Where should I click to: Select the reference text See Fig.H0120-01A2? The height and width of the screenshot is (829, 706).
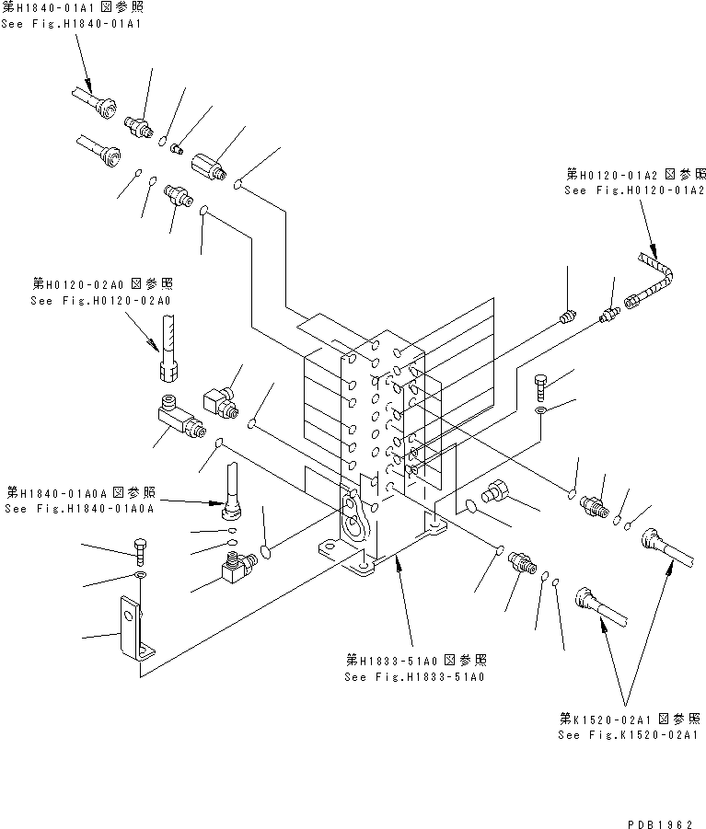point(634,190)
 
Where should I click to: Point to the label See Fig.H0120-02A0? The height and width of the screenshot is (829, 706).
point(102,300)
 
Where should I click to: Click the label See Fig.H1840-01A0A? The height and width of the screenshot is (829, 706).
point(80,509)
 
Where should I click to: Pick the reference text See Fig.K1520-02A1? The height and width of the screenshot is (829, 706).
point(629,734)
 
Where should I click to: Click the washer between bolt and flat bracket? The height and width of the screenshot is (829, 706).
point(139,577)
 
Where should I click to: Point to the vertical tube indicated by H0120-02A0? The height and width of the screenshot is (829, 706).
point(168,344)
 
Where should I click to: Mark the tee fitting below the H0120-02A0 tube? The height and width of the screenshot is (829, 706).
point(179,420)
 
